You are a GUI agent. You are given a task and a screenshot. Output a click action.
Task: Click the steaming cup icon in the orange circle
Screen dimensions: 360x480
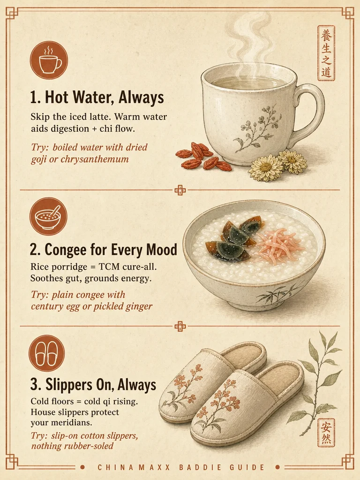[x=49, y=60]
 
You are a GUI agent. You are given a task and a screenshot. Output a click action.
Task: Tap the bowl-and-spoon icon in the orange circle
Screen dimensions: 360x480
[x=48, y=216]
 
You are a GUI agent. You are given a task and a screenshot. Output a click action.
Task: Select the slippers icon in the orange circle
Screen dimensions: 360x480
[x=46, y=353]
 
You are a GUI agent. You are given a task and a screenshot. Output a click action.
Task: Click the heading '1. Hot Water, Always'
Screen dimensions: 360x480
[x=97, y=97]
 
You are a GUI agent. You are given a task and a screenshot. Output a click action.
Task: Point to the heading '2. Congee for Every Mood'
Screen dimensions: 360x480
[x=104, y=249]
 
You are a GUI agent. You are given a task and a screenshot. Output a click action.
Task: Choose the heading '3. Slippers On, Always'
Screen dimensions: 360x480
[x=93, y=384]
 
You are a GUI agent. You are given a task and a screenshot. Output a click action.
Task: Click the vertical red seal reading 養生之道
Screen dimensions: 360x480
[x=326, y=53]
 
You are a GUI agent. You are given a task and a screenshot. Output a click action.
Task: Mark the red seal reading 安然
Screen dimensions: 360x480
[x=326, y=433]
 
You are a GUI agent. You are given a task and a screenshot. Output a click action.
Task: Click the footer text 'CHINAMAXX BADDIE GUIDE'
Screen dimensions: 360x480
[x=181, y=467]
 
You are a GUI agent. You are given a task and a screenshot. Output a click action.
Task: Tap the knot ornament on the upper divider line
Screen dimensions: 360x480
[x=180, y=190]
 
